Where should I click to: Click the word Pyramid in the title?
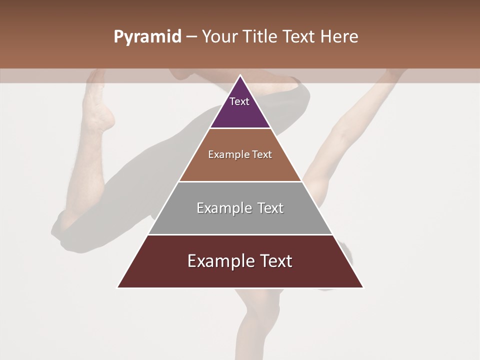coord(147,37)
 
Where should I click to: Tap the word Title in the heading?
coord(262,37)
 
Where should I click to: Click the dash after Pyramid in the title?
coord(191,37)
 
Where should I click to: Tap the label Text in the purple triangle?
coord(239,101)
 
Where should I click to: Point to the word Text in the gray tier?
coord(270,208)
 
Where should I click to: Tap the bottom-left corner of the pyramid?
coord(118,287)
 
